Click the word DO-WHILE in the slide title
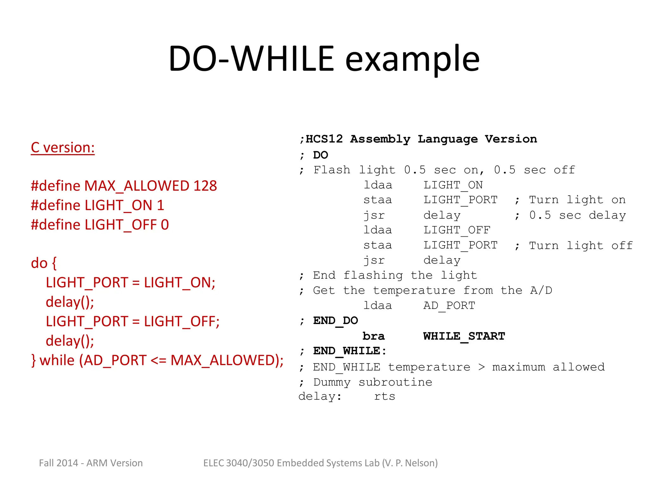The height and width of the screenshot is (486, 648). tap(251, 59)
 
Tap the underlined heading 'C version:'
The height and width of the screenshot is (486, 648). tap(63, 147)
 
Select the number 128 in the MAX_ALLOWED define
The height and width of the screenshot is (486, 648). tap(205, 186)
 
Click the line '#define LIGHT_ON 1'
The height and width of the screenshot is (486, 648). tap(97, 205)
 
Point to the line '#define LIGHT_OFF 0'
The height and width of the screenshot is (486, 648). tap(100, 225)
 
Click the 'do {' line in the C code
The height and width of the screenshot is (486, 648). tap(44, 263)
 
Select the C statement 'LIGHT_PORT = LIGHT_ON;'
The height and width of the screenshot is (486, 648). tap(130, 283)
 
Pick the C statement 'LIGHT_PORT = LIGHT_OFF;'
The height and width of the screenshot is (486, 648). tap(133, 321)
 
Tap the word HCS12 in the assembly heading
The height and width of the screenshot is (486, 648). tap(324, 139)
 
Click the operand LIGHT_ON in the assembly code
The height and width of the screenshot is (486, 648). tap(453, 185)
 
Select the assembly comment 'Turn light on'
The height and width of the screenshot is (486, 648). tap(577, 200)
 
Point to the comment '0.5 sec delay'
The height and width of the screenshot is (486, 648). tap(577, 215)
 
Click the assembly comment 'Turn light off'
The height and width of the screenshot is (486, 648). tap(581, 246)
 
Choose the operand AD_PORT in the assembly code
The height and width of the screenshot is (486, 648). tap(449, 306)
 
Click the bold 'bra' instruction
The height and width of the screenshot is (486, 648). tap(373, 336)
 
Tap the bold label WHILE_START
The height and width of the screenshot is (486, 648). tap(464, 336)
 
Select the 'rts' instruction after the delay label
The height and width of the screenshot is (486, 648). tap(384, 396)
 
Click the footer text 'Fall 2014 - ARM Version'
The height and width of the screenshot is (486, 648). tap(91, 463)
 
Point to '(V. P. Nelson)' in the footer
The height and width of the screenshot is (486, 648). tap(410, 463)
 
